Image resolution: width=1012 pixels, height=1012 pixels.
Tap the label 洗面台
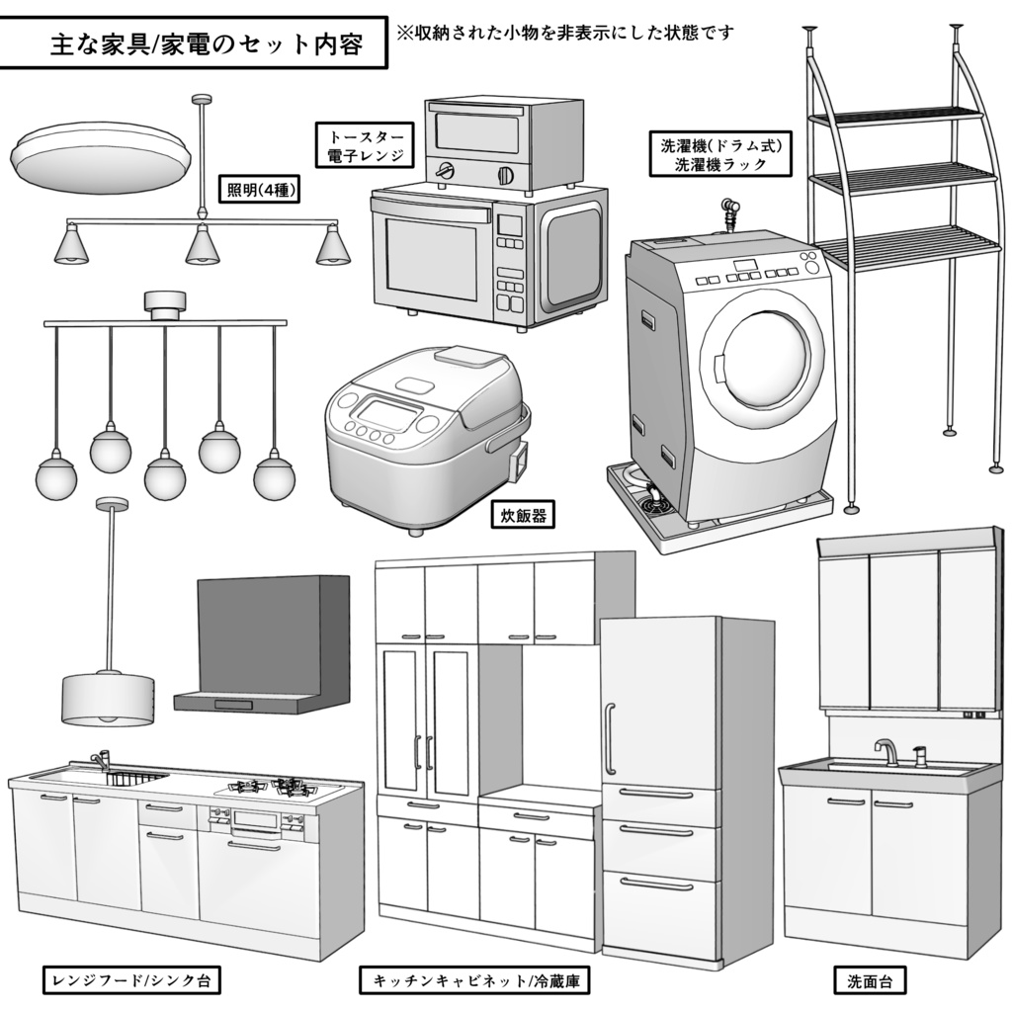coord(870,982)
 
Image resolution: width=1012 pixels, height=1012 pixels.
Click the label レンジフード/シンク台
coord(130,980)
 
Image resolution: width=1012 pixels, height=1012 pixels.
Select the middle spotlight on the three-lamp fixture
coord(202,245)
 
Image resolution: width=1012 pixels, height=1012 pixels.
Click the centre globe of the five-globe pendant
coord(165,477)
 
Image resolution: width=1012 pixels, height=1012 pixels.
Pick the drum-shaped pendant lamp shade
coord(108,699)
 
